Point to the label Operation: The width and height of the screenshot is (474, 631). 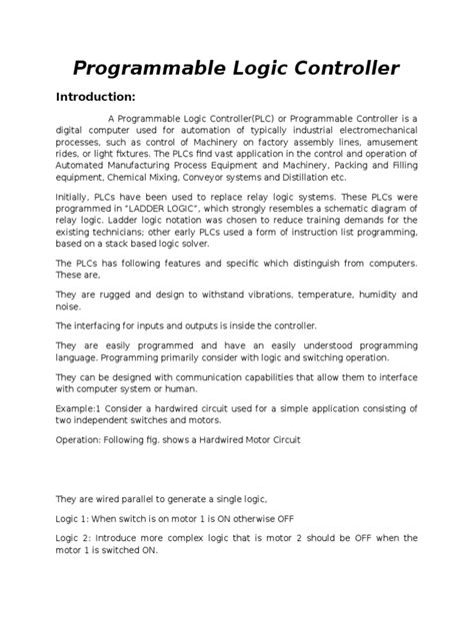click(80, 439)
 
